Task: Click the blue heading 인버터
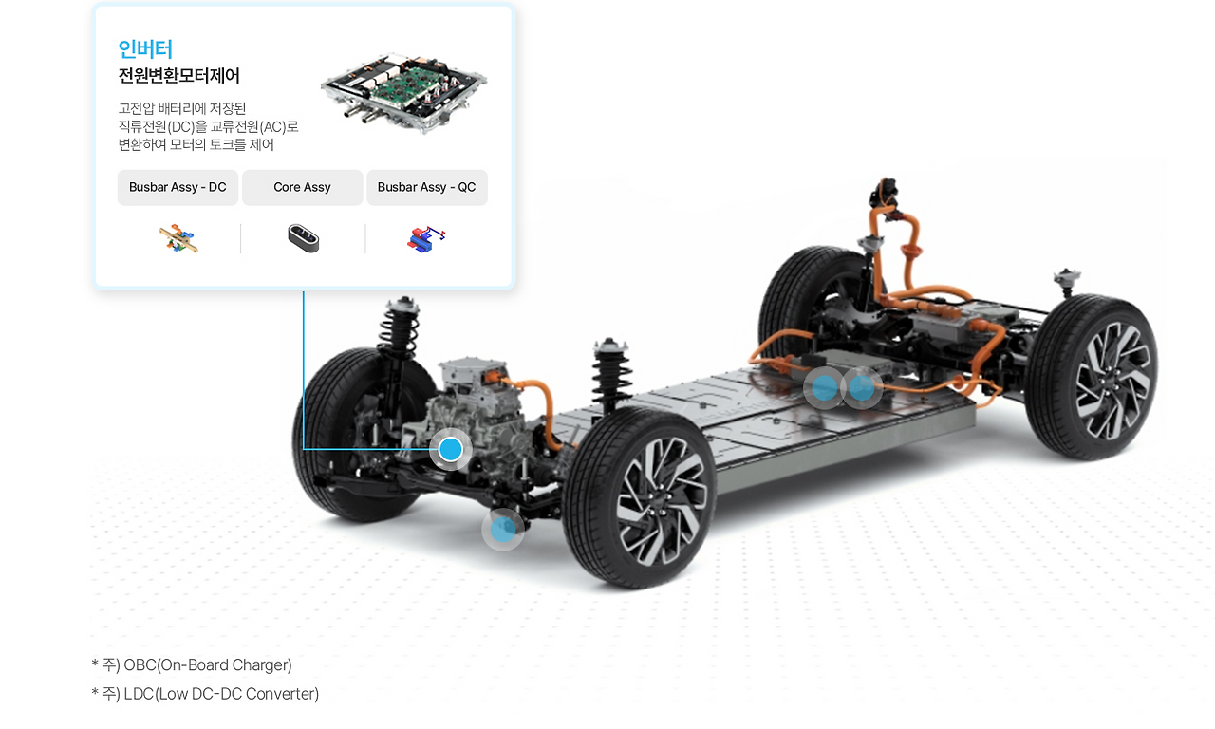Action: point(145,48)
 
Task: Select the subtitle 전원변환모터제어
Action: point(179,75)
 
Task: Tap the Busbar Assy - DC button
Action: point(178,187)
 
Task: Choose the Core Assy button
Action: point(302,187)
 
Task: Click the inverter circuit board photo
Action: point(404,91)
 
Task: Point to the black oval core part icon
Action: point(303,238)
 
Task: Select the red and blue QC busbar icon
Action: point(426,238)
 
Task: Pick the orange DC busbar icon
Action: point(178,238)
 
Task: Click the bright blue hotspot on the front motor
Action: point(450,449)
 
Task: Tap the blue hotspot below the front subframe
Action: point(503,530)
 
